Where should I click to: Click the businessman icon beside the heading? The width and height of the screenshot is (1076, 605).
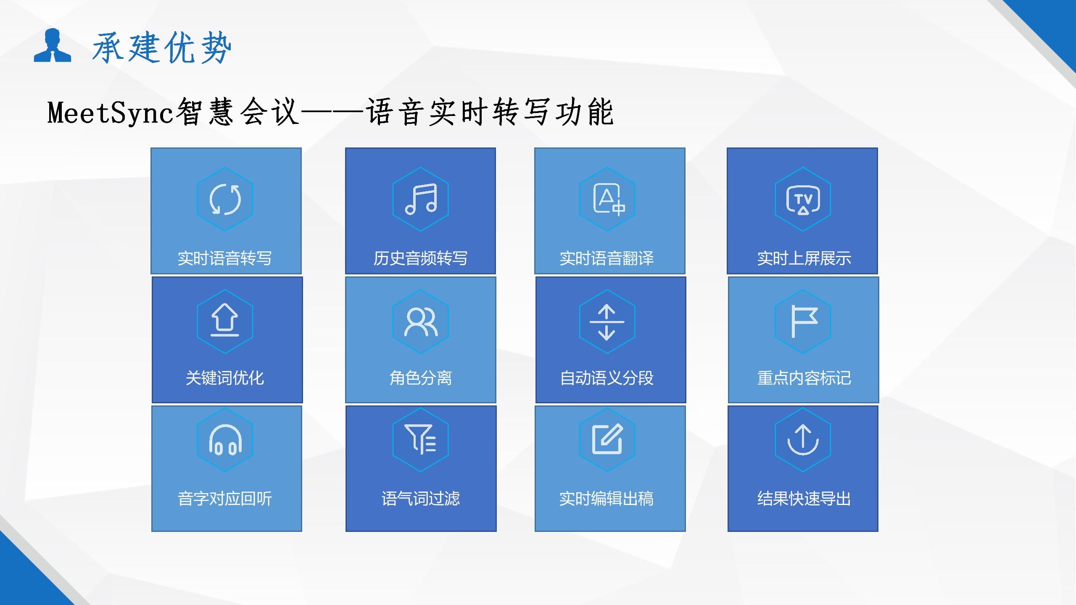[53, 45]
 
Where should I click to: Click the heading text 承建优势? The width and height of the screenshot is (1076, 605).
[162, 47]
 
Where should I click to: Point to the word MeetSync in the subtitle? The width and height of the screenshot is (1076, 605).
[111, 113]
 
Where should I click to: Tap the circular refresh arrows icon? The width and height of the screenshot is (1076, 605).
[225, 199]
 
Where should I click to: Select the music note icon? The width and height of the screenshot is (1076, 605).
[421, 199]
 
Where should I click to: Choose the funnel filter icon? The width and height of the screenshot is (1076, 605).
[420, 439]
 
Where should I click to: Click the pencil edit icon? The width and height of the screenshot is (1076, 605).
[607, 439]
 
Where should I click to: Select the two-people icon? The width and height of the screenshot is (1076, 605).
[421, 322]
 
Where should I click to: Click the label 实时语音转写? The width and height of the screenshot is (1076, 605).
[225, 258]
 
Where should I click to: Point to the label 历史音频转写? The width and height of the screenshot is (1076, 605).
[420, 258]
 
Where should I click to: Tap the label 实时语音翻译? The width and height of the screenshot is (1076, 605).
[607, 258]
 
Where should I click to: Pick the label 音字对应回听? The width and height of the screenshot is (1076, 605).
[225, 499]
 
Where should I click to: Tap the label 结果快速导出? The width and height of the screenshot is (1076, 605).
[804, 499]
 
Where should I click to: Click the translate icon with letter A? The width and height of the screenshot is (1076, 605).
[609, 199]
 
